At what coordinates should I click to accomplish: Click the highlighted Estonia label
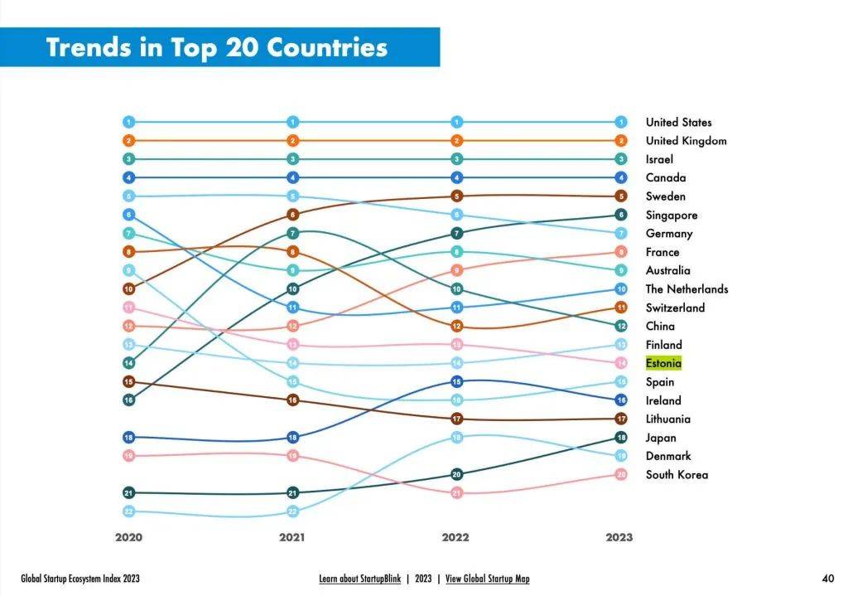pos(663,363)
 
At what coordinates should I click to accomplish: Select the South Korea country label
pos(677,475)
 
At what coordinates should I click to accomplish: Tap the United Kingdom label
pos(686,141)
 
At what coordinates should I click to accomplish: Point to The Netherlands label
pos(687,289)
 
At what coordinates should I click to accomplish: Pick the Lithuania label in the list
pos(667,419)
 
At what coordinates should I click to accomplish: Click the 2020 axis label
pos(128,537)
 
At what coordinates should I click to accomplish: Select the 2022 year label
pos(455,537)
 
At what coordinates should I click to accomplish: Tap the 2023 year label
pos(619,537)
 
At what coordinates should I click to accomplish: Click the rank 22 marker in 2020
pos(128,511)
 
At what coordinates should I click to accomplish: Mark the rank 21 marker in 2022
pos(456,493)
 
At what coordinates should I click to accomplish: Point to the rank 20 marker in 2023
pos(621,474)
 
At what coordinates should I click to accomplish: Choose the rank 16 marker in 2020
pos(128,400)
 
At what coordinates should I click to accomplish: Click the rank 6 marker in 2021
pos(292,215)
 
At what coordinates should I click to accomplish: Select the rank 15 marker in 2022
pos(456,381)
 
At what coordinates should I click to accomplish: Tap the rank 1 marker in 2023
pos(621,122)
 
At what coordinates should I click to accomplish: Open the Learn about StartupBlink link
pos(359,579)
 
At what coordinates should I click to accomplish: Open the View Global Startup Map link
pos(487,579)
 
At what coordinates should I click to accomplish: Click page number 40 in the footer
pos(828,579)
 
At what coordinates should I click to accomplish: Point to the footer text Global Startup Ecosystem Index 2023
pos(80,579)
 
